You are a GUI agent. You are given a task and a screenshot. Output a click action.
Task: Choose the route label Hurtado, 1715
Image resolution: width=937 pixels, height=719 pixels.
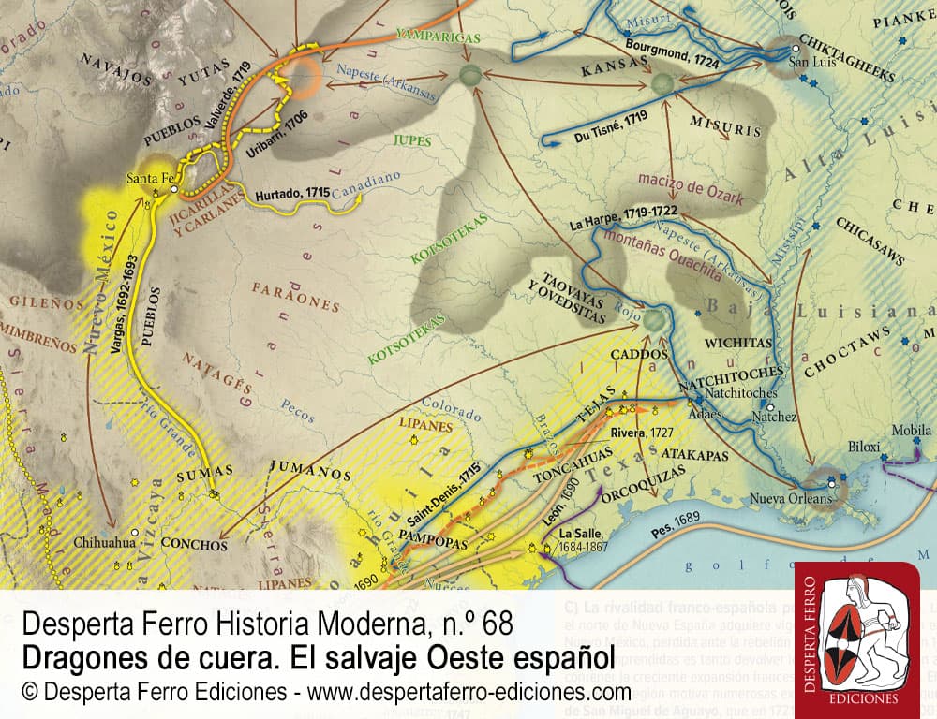click(291, 193)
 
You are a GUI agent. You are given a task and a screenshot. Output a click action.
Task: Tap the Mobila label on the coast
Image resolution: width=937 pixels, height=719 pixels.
click(911, 431)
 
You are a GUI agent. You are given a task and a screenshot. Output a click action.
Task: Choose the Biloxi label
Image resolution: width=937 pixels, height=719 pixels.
click(867, 447)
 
